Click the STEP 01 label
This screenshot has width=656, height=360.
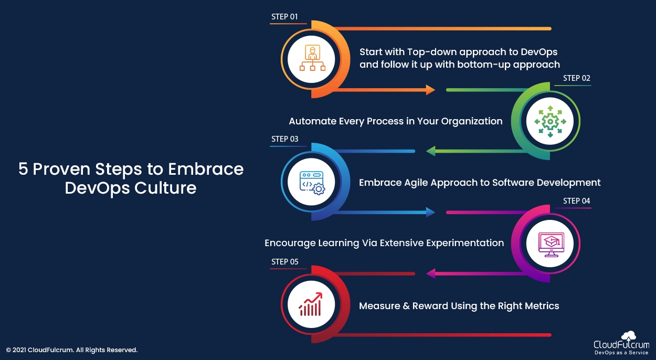284,17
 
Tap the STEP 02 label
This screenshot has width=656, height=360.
577,78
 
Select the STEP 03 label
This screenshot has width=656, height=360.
284,139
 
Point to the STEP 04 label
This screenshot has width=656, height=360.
577,201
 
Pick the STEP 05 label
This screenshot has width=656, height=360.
284,261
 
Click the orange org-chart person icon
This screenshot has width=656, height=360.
312,58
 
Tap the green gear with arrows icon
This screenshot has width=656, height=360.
551,121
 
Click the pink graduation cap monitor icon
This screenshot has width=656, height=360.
551,245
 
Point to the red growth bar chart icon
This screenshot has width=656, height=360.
311,304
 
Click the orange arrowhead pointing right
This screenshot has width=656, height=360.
430,90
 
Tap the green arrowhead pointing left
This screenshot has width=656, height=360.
430,151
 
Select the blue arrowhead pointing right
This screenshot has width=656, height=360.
430,213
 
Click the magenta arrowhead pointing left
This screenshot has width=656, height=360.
430,273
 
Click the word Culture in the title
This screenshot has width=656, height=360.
165,188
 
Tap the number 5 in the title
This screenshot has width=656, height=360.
23,169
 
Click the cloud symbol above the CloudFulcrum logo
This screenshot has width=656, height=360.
629,336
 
